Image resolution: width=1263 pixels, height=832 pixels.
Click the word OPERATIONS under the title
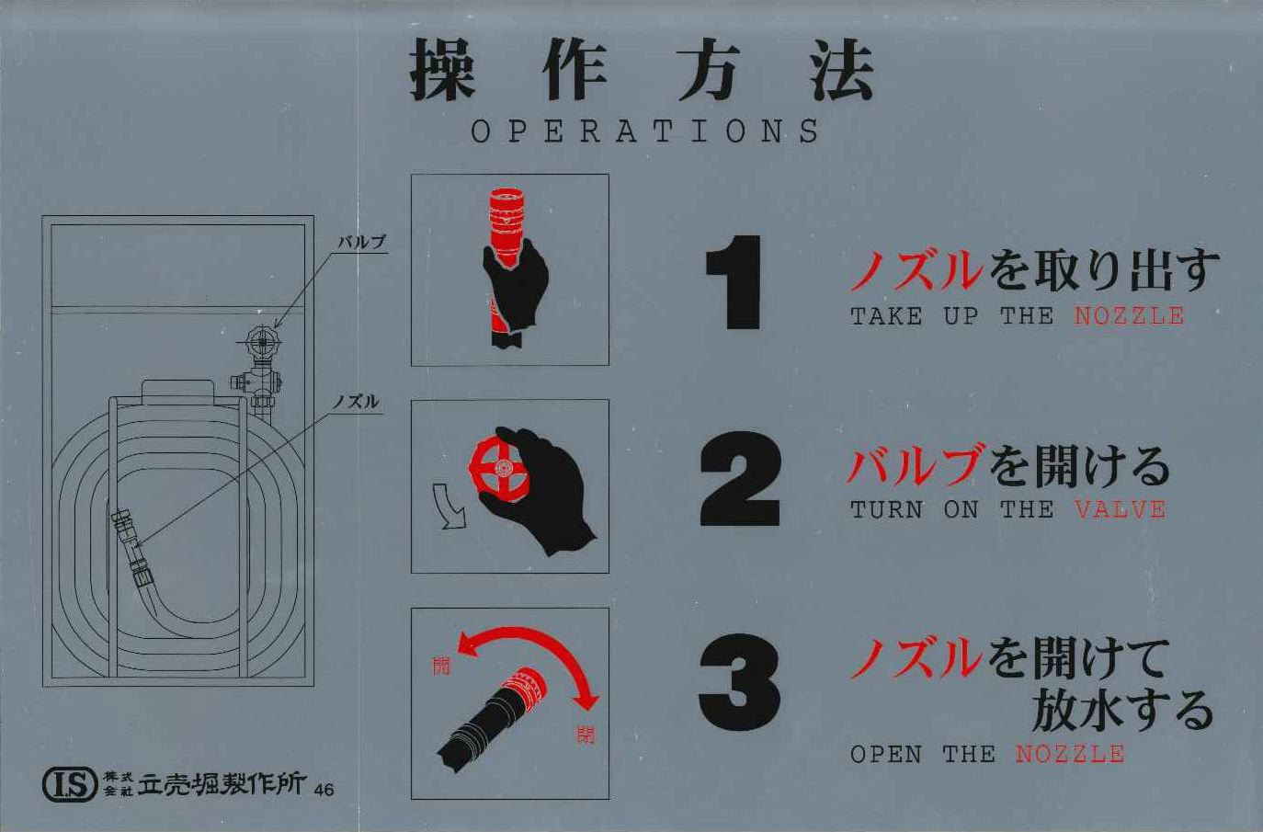point(645,131)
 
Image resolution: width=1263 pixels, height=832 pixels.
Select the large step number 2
point(740,479)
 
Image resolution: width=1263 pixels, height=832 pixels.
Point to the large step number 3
point(740,682)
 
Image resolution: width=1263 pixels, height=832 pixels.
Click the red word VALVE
point(1121,510)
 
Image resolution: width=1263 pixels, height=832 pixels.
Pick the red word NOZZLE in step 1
point(1130,316)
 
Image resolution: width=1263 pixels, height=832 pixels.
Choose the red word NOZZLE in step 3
point(1070,754)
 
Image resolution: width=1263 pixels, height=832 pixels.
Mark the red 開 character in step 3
point(441,666)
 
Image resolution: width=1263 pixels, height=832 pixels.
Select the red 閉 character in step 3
point(585,735)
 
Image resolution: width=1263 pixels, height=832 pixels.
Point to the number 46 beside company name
point(324,789)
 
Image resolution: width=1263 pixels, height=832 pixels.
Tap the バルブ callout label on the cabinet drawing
point(361,243)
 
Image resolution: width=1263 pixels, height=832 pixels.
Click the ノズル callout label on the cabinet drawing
point(355,402)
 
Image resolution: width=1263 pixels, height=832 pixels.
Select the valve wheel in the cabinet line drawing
point(261,341)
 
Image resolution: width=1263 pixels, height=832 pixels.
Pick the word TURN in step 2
point(886,510)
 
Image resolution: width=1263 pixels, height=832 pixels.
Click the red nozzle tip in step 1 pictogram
point(506,217)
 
